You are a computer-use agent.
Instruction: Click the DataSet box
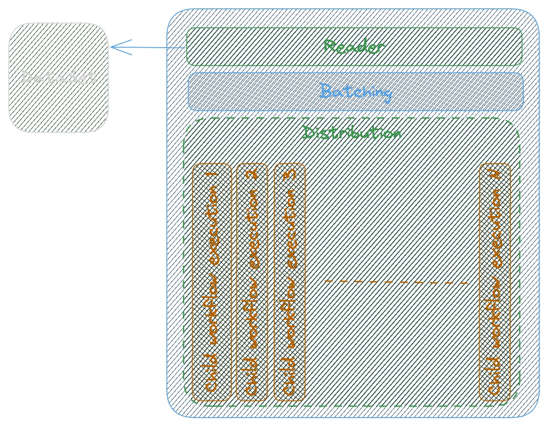coord(59,106)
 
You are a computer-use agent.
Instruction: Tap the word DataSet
coord(58,77)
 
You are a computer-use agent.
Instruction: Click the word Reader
coord(354,46)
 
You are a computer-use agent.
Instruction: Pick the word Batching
coord(355,92)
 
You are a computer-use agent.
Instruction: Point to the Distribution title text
coord(352,133)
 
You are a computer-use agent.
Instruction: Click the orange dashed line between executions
coord(396,282)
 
